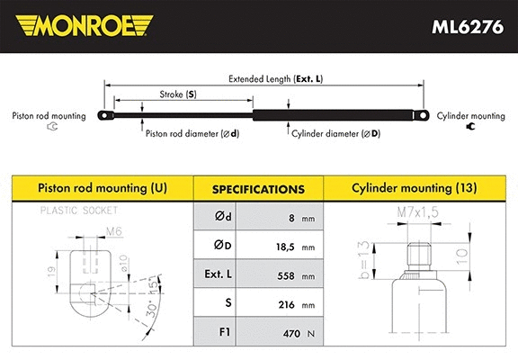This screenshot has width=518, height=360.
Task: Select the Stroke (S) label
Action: click(177, 94)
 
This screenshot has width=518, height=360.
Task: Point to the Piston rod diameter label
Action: click(192, 133)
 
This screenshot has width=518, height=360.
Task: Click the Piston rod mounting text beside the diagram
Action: click(49, 117)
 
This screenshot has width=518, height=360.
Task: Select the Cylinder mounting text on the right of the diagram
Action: click(470, 117)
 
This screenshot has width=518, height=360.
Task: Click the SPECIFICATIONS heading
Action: click(258, 190)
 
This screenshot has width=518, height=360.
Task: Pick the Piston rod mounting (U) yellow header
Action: click(101, 189)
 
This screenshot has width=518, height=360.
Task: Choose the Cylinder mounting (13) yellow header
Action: click(416, 189)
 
